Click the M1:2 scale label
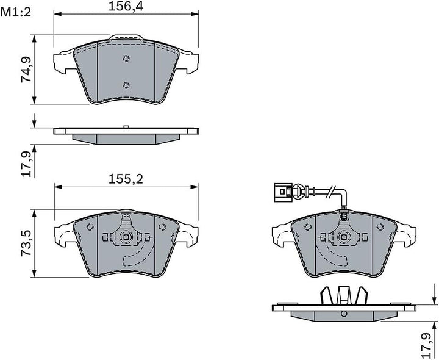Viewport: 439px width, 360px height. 16,12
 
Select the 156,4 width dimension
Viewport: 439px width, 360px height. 126,7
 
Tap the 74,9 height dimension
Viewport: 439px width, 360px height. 26,70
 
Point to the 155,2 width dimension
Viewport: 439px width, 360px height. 126,179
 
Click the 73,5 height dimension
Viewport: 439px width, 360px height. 26,243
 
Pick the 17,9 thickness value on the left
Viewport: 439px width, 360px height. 26,164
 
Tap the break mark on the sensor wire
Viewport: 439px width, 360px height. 331,192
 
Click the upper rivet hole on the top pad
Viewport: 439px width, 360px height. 126,59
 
